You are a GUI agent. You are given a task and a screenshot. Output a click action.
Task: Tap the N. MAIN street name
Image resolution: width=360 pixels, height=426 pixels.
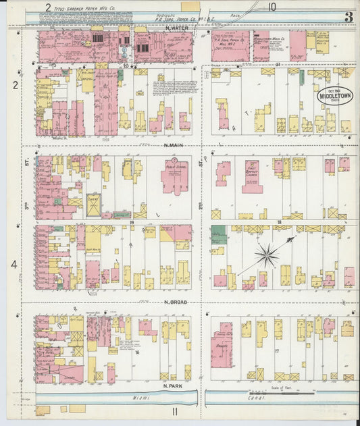pyautogui.click(x=175, y=144)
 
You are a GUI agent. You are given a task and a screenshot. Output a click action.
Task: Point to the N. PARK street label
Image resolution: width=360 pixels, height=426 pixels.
pyautogui.click(x=174, y=385)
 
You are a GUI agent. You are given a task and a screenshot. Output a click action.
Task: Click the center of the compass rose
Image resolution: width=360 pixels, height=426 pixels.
pyautogui.click(x=267, y=255)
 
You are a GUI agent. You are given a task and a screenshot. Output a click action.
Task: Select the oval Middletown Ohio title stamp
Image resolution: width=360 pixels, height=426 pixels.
pyautogui.click(x=336, y=95)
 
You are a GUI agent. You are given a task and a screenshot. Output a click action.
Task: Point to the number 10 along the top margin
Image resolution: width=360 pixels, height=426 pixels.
pyautogui.click(x=271, y=7)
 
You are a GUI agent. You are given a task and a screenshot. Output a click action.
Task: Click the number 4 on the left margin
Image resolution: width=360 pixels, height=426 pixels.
pyautogui.click(x=13, y=264)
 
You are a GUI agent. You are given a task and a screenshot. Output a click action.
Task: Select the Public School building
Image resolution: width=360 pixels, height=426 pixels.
pyautogui.click(x=174, y=177)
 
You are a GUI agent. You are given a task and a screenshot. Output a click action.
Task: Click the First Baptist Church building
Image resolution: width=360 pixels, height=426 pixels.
pyautogui.click(x=253, y=176)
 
